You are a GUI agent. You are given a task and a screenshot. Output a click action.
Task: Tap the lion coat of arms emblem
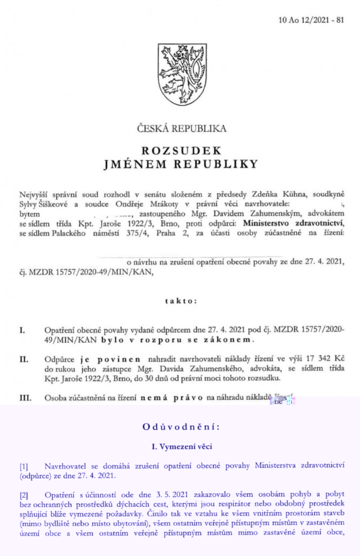coord(181,72)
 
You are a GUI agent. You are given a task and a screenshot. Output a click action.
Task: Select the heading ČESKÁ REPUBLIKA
coord(181,128)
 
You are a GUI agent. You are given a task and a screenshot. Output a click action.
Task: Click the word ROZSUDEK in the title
coord(181,150)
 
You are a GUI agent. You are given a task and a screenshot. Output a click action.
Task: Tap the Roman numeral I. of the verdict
coord(23,330)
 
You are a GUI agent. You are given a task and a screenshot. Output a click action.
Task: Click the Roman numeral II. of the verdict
coord(24,360)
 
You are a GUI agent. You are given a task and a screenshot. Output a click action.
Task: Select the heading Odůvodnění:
coord(180,427)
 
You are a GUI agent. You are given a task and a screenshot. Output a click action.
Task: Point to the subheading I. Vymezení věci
coord(180,447)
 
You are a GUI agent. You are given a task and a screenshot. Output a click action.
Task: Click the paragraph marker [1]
coord(24,466)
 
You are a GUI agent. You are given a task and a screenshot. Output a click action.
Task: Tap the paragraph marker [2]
coord(24,494)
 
